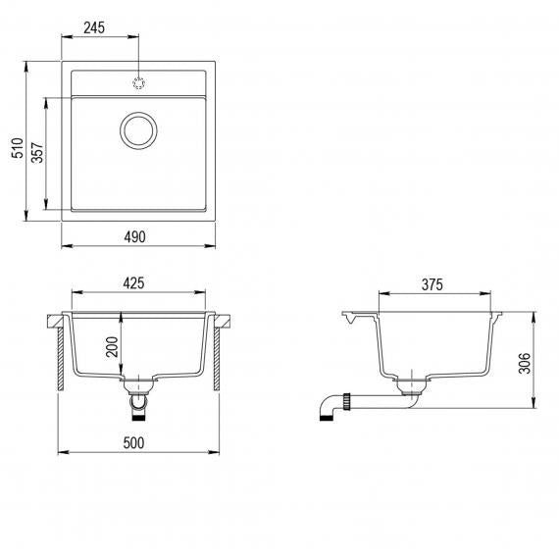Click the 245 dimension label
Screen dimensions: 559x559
[x=94, y=27]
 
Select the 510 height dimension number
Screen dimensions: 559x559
[x=18, y=147]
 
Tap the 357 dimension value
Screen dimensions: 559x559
[x=37, y=153]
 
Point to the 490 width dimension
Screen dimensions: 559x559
[x=134, y=236]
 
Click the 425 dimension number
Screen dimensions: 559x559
[x=133, y=283]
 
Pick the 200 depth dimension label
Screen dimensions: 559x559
[x=112, y=347]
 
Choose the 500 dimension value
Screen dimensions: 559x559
[x=133, y=442]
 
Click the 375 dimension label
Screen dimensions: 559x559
[x=432, y=284]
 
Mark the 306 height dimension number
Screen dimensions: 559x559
[x=525, y=363]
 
